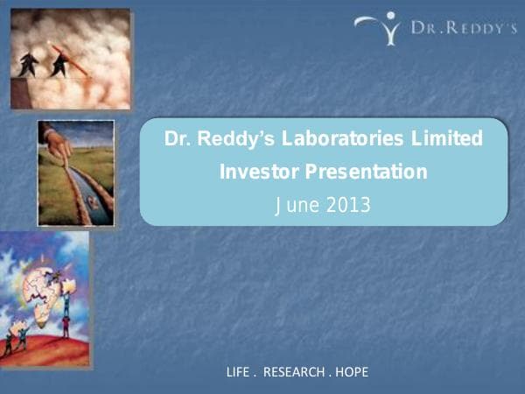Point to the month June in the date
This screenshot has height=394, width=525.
coord(295,206)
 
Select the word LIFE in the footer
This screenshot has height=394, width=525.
coord(238,372)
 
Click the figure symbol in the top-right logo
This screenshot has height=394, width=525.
coord(382,28)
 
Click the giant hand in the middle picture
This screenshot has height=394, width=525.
coord(57,143)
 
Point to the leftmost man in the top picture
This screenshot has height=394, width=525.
coord(28,64)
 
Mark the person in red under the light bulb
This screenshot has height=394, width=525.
coord(66,327)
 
